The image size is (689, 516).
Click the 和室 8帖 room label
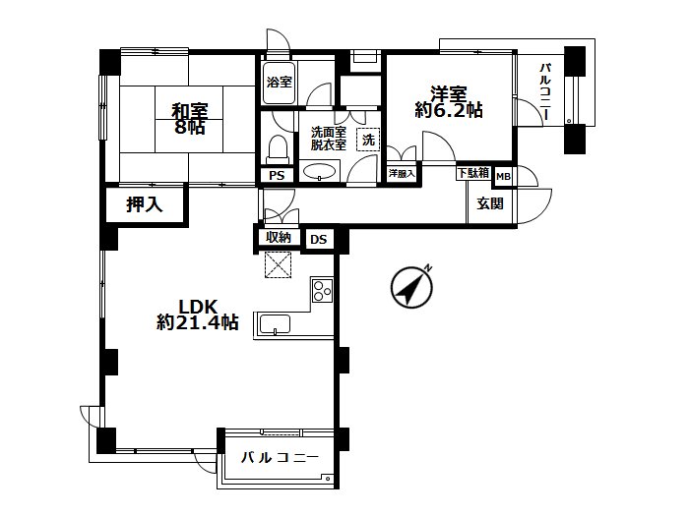click(189, 119)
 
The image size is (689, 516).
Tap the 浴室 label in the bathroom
click(279, 82)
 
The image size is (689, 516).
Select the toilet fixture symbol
click(278, 149)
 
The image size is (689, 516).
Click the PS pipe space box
click(277, 176)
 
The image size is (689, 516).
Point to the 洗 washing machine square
click(368, 140)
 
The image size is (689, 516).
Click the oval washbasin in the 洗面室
click(320, 171)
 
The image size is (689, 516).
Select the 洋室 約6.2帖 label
click(449, 102)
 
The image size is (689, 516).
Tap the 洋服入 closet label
click(402, 173)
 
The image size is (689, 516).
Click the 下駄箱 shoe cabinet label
click(473, 172)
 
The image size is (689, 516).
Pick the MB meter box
click(503, 176)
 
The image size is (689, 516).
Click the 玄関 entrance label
click(490, 203)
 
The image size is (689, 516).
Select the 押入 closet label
click(144, 204)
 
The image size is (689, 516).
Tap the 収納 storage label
click(279, 238)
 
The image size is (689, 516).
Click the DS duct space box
click(319, 240)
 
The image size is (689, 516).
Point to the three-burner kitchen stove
click(322, 290)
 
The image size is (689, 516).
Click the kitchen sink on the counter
click(275, 324)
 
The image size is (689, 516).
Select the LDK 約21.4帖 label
click(198, 315)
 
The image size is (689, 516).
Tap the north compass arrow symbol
click(411, 287)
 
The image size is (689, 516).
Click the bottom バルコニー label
click(280, 458)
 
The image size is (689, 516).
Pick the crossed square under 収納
click(278, 264)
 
